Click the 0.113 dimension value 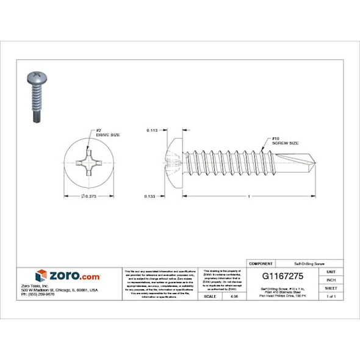(x=152, y=130)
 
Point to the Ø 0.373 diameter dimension (x=89, y=196)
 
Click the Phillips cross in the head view (x=90, y=163)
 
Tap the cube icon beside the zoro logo (x=41, y=276)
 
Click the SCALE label (x=211, y=296)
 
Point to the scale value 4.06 (x=234, y=296)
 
